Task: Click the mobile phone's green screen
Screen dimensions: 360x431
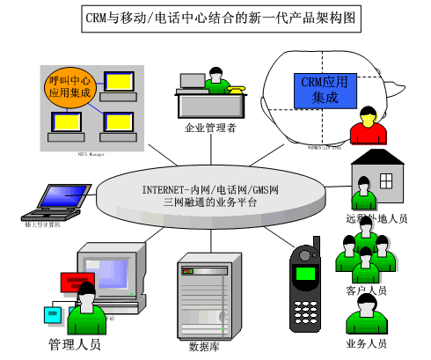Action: click(305, 274)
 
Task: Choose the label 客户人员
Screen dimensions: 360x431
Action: click(366, 290)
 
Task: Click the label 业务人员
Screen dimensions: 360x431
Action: click(366, 343)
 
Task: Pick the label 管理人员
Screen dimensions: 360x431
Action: click(74, 344)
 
